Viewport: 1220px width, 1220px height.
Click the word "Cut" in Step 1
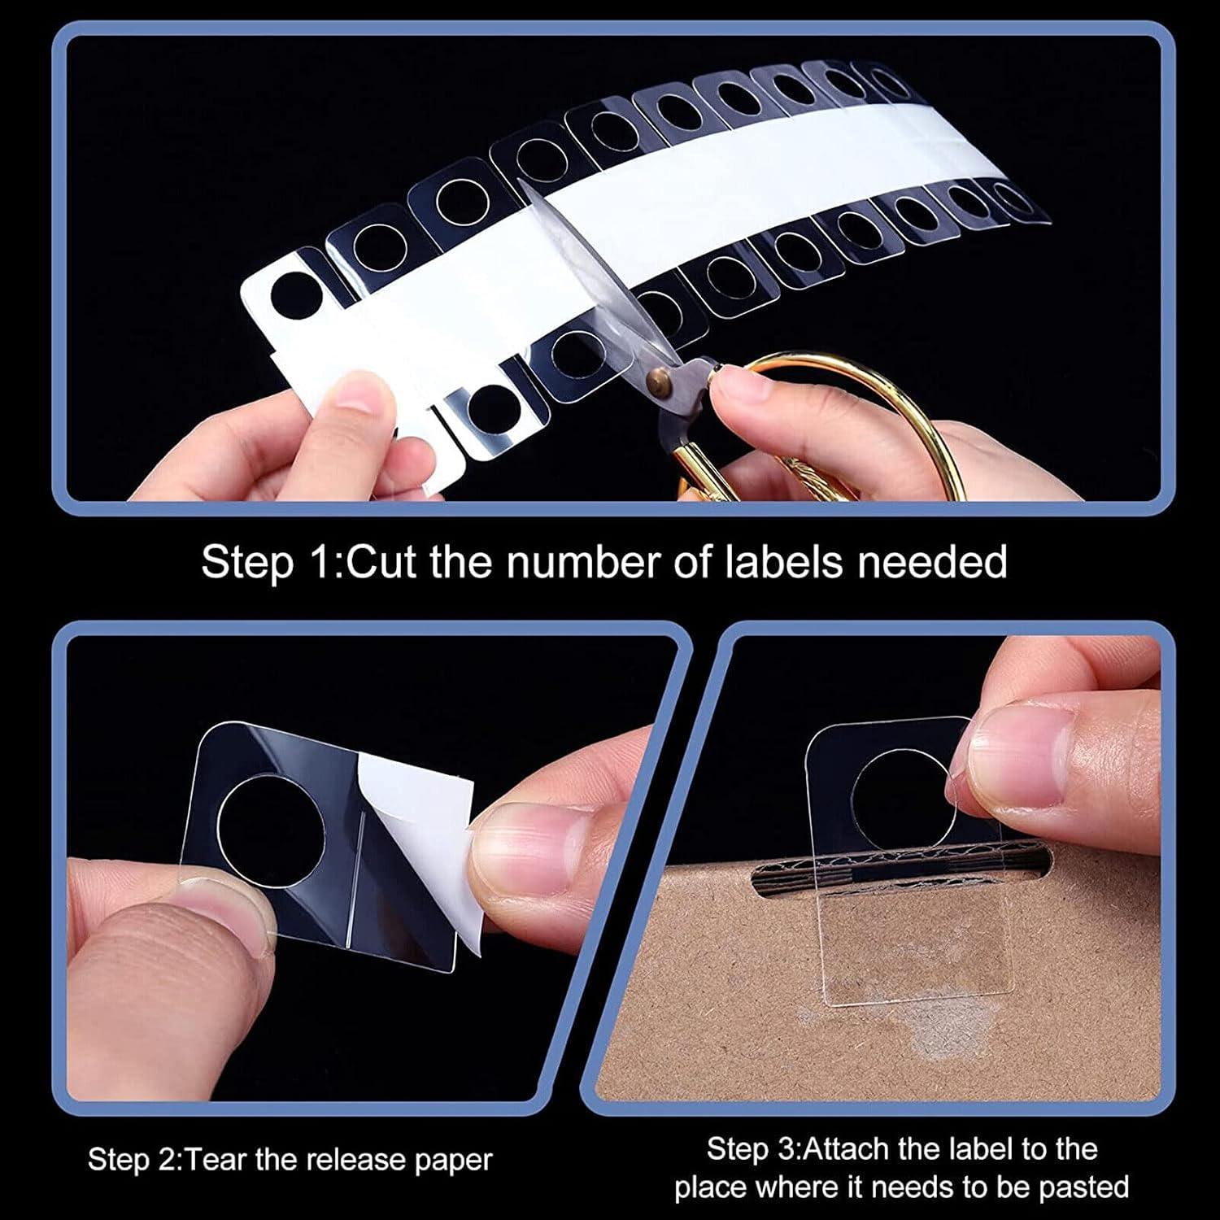[x=383, y=561]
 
